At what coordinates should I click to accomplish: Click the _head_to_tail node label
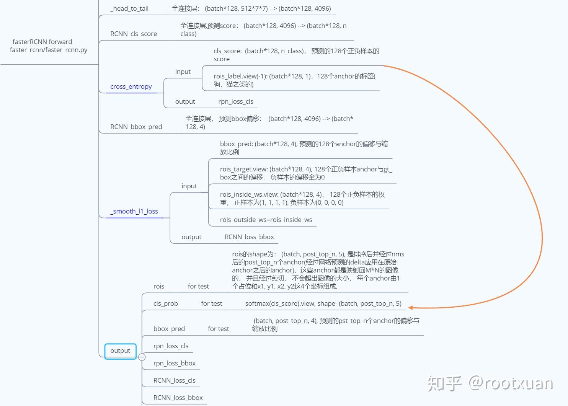point(129,8)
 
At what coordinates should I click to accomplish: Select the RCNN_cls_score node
point(134,34)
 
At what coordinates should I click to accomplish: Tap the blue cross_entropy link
point(131,86)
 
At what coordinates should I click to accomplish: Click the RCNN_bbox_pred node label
point(136,127)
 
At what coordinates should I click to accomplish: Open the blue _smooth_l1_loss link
point(134,211)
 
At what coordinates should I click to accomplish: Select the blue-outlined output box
point(120,351)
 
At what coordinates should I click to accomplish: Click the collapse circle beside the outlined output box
point(142,357)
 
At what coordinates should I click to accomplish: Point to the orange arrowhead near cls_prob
point(410,307)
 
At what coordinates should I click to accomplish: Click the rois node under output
point(159,286)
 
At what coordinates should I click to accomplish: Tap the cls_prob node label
point(165,303)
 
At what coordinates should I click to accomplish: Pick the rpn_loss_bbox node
point(174,363)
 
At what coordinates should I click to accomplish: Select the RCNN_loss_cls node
point(174,380)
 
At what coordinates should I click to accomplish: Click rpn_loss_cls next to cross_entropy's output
point(236,101)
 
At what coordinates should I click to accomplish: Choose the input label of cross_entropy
point(183,72)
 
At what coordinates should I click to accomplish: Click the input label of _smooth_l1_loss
point(189,186)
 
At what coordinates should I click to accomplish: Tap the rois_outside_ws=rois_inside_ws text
point(266,220)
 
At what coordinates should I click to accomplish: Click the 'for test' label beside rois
point(198,286)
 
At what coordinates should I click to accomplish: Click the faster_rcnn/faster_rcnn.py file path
point(49,50)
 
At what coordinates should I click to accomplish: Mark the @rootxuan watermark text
point(511,383)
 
